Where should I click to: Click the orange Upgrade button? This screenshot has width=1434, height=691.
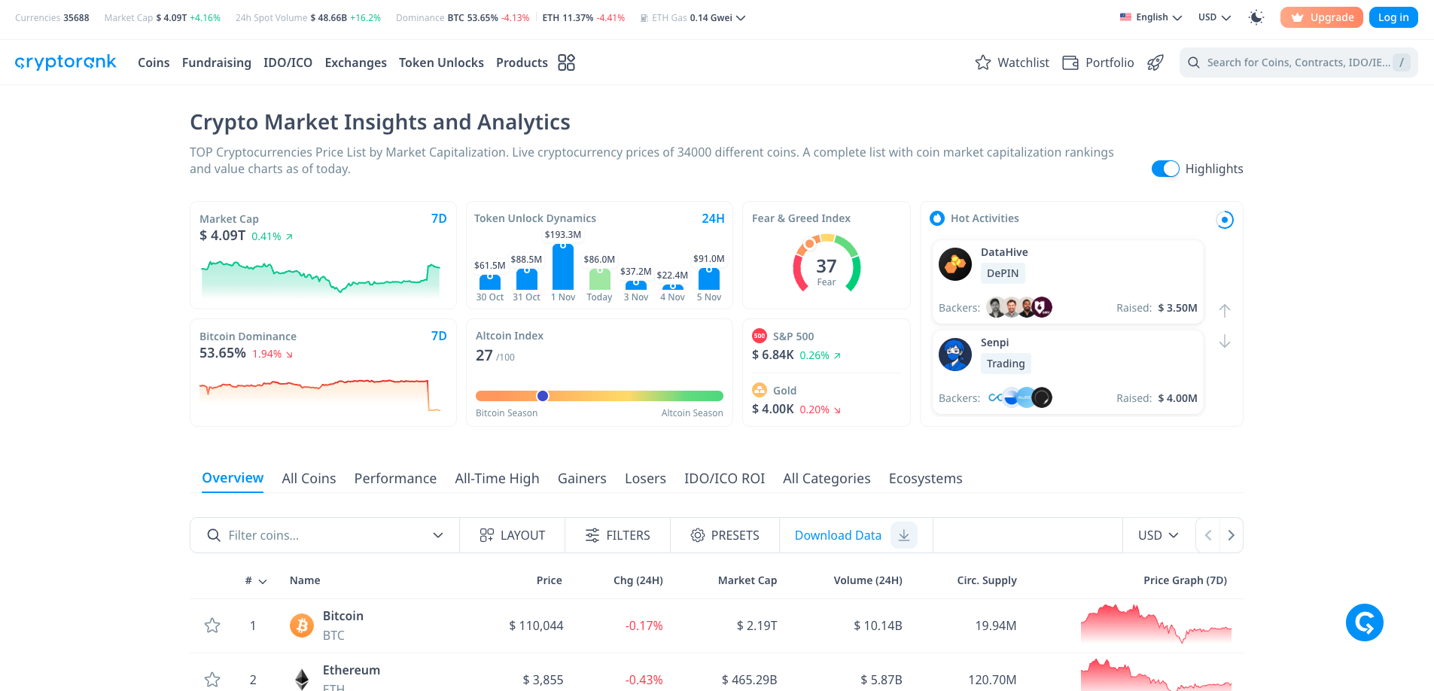tap(1321, 17)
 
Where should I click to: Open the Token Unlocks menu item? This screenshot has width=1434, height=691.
tap(441, 62)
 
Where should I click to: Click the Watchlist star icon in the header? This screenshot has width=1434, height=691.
tap(983, 62)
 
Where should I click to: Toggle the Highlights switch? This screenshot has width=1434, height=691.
tap(1165, 169)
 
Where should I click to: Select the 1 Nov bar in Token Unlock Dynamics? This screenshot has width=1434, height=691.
tap(563, 266)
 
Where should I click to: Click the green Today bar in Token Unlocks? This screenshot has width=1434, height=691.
tap(600, 279)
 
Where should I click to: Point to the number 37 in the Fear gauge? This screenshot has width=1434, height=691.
tap(827, 266)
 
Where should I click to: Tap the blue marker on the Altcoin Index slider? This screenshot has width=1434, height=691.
tap(543, 396)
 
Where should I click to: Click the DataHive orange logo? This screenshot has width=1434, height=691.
tap(955, 264)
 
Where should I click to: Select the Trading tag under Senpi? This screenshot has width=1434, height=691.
tap(1006, 364)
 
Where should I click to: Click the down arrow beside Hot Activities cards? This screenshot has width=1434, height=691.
tap(1225, 342)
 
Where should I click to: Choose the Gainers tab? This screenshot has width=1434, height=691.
tap(582, 479)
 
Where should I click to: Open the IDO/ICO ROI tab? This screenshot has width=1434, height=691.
tap(724, 479)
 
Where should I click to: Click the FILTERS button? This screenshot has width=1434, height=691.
tap(617, 535)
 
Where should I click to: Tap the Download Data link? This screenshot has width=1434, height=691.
tap(838, 535)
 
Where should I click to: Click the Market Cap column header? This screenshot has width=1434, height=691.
tap(747, 580)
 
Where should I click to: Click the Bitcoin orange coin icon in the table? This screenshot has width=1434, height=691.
tap(302, 626)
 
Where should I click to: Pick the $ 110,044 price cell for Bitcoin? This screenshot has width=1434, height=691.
tap(536, 626)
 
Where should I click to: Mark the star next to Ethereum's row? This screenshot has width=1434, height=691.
tap(212, 680)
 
